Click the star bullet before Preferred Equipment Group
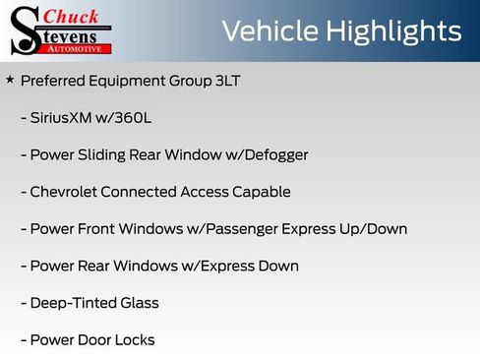point(10,79)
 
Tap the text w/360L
point(125,118)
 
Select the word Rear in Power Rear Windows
point(95,267)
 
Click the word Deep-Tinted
point(75,303)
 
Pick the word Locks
point(134,340)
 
